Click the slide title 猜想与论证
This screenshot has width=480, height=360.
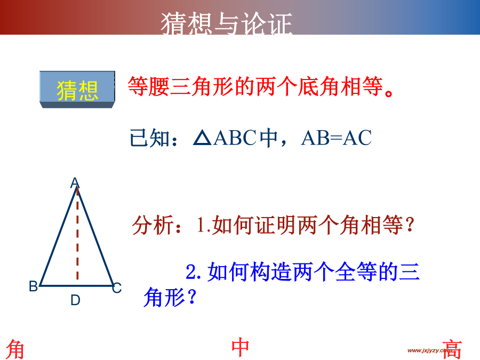227,23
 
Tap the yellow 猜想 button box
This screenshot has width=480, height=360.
77,90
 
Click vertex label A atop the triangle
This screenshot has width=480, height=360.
75,183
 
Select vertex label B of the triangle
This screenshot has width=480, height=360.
33,286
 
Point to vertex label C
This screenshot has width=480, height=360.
117,288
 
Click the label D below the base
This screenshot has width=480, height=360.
75,300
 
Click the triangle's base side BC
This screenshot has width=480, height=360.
76,286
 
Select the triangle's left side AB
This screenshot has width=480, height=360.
58,236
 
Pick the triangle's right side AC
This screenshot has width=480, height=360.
95,236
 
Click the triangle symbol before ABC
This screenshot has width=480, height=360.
202,138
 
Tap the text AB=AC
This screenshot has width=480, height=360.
337,138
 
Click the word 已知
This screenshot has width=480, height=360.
150,138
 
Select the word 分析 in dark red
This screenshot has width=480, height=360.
153,225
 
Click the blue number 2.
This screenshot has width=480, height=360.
193,272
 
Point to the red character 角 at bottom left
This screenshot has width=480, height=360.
15,349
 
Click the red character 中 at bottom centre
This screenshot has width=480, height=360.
240,347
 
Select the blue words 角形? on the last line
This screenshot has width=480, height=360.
170,297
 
